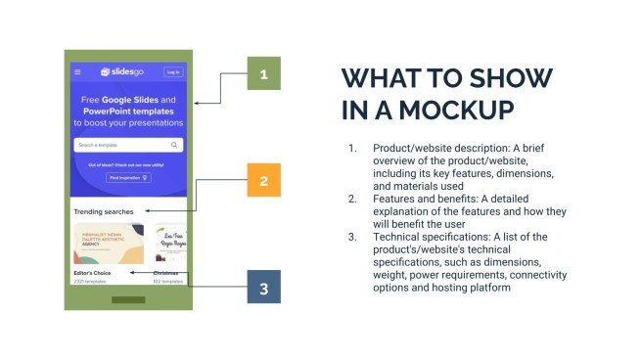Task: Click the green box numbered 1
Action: coord(263,73)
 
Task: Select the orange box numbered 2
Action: coord(263,181)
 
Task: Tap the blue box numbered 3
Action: coord(263,288)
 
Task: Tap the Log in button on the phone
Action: coord(173,71)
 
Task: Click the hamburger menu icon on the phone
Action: coord(78,71)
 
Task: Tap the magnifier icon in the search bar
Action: coord(174,145)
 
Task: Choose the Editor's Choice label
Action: coord(91,273)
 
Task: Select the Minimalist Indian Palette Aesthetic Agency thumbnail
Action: coord(108,244)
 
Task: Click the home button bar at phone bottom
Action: coord(128,298)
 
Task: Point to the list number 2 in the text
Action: coord(353,199)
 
